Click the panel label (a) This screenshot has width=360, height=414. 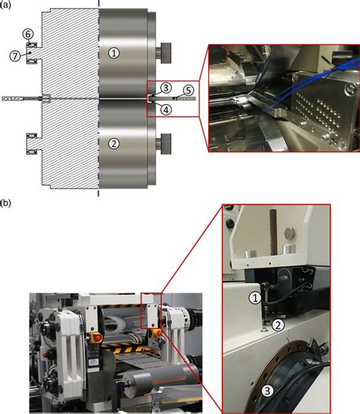coord(7,5)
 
